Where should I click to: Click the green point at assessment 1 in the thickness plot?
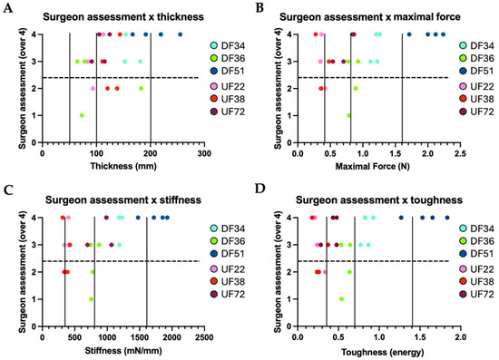point(82,115)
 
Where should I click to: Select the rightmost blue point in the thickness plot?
point(181,34)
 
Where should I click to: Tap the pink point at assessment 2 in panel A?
point(93,88)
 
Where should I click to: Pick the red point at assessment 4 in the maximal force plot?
point(316,34)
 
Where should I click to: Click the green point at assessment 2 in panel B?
point(356,88)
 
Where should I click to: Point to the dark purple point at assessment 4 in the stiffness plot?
point(106,218)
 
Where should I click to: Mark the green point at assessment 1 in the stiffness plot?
point(91,299)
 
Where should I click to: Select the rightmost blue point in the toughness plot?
point(447,218)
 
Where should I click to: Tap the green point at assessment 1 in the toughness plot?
point(341,299)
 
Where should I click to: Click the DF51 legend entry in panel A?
point(228,71)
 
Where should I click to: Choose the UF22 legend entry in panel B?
point(476,86)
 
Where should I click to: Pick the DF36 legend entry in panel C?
point(228,241)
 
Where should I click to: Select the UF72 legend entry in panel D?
point(476,294)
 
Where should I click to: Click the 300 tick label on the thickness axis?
point(204,153)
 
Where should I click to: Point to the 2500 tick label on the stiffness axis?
point(204,337)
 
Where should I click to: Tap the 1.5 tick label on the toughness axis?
point(420,337)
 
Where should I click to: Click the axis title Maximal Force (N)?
point(372,166)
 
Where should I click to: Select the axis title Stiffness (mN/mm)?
point(123,350)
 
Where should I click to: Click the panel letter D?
point(260,189)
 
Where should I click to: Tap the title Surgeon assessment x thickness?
point(123,16)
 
